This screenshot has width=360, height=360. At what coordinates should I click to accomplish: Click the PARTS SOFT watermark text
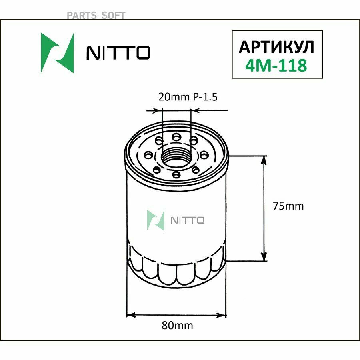pyautogui.click(x=96, y=15)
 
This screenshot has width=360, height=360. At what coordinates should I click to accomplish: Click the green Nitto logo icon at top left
pyautogui.click(x=58, y=52)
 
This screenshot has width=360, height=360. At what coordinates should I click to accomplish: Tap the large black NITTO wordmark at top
pyautogui.click(x=118, y=53)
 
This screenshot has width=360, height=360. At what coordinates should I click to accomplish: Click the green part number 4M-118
pyautogui.click(x=277, y=65)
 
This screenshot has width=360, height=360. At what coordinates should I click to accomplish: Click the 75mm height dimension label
pyautogui.click(x=288, y=206)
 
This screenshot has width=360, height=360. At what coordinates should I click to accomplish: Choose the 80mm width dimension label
pyautogui.click(x=177, y=325)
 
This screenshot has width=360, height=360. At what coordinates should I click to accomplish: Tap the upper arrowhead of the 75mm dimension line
pyautogui.click(x=264, y=160)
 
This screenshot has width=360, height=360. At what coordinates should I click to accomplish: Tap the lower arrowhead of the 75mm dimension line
pyautogui.click(x=264, y=257)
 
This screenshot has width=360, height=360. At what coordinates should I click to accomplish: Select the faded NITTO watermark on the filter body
pyautogui.click(x=188, y=220)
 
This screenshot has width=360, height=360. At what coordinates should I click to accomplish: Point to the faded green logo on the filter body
pyautogui.click(x=156, y=220)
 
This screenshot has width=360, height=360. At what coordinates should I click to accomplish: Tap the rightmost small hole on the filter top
pyautogui.click(x=203, y=154)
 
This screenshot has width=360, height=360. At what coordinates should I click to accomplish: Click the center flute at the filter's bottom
pyautogui.click(x=176, y=273)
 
